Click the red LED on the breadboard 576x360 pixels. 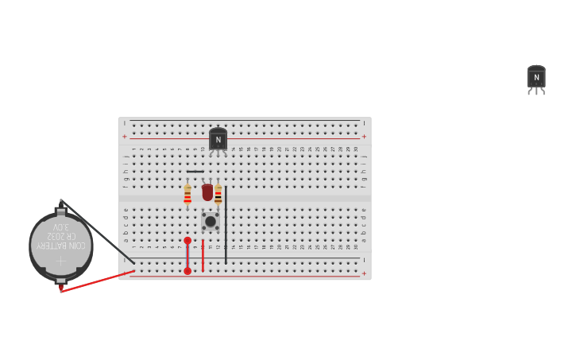point(207,192)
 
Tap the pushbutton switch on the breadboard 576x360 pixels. point(211,221)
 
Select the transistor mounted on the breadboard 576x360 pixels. point(218,140)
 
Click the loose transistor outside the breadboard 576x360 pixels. point(536,78)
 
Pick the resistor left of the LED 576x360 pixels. point(187,195)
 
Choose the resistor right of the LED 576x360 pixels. point(218,195)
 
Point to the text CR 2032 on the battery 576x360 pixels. point(61,236)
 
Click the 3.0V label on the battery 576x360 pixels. point(61,227)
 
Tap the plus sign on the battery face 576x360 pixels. point(61,261)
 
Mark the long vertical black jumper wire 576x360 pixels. point(226,225)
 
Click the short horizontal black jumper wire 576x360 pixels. point(195,172)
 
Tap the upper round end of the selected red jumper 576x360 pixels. point(187,240)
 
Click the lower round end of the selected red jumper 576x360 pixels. point(187,271)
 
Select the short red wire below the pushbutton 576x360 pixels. point(203,255)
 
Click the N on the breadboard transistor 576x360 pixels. point(218,140)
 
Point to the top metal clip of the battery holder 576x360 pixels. point(60,211)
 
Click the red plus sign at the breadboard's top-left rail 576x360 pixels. point(125,137)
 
